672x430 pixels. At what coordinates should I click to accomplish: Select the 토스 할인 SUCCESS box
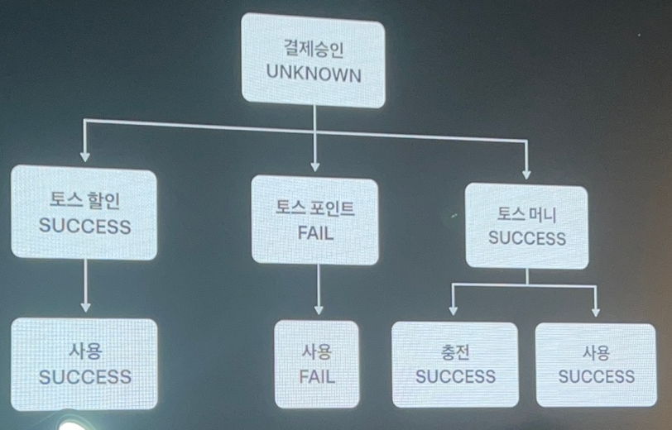point(84,214)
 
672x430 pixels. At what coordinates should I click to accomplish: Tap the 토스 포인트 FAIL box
point(314,221)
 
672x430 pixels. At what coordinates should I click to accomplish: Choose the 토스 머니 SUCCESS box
point(526,226)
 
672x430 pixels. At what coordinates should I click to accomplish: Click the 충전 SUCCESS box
point(454,365)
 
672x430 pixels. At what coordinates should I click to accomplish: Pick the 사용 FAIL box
point(317,365)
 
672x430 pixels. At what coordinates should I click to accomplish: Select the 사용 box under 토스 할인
point(84,365)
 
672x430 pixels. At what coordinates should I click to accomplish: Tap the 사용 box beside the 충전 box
point(596,365)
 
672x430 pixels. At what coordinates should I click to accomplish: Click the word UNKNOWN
point(314,74)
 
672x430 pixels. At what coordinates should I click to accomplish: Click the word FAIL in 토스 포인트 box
point(314,233)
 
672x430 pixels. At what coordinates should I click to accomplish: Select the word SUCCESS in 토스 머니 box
point(527,238)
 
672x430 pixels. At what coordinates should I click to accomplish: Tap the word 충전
point(455,353)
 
